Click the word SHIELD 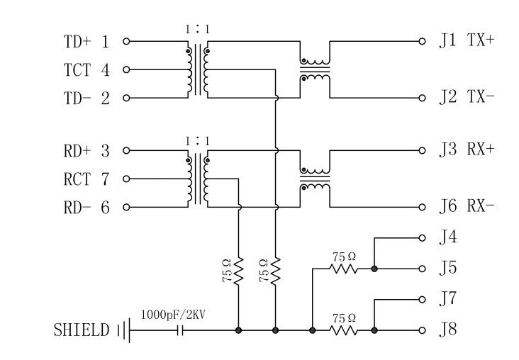[x=82, y=330]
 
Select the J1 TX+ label [x=466, y=40]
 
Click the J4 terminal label [x=447, y=237]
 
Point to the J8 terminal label [x=447, y=330]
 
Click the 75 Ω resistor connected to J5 [x=344, y=269]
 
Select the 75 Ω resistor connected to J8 [x=344, y=330]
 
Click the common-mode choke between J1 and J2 [x=315, y=69]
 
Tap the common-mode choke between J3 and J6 [x=315, y=179]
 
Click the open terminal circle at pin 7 [x=127, y=179]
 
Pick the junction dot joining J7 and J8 [x=374, y=330]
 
